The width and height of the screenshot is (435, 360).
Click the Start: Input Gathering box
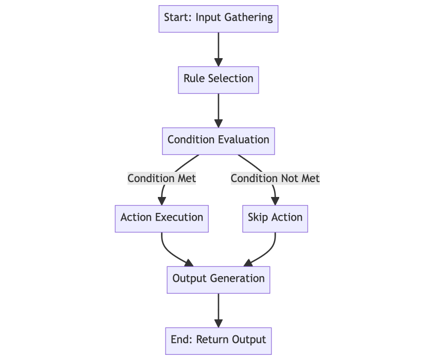click(x=219, y=19)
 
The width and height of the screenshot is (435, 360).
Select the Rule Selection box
click(x=219, y=80)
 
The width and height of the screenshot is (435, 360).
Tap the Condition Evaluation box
click(x=219, y=141)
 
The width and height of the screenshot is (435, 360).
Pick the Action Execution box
click(x=162, y=219)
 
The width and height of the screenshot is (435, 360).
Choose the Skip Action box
click(x=275, y=219)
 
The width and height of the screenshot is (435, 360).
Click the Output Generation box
click(x=219, y=280)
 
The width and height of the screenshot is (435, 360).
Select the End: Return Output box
click(x=219, y=341)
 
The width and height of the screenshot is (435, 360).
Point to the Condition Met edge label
click(x=162, y=178)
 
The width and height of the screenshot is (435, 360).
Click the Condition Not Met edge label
click(x=275, y=178)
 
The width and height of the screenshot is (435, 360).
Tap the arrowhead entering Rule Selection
click(x=219, y=62)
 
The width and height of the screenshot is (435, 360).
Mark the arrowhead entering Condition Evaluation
click(x=219, y=123)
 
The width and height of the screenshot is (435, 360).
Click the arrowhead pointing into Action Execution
click(x=162, y=201)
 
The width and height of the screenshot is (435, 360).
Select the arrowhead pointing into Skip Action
click(x=275, y=201)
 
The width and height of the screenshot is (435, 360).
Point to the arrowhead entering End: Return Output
click(x=219, y=323)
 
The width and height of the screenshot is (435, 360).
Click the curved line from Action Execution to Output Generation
click(x=169, y=251)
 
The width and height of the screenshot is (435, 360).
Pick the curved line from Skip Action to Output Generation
click(x=268, y=251)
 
